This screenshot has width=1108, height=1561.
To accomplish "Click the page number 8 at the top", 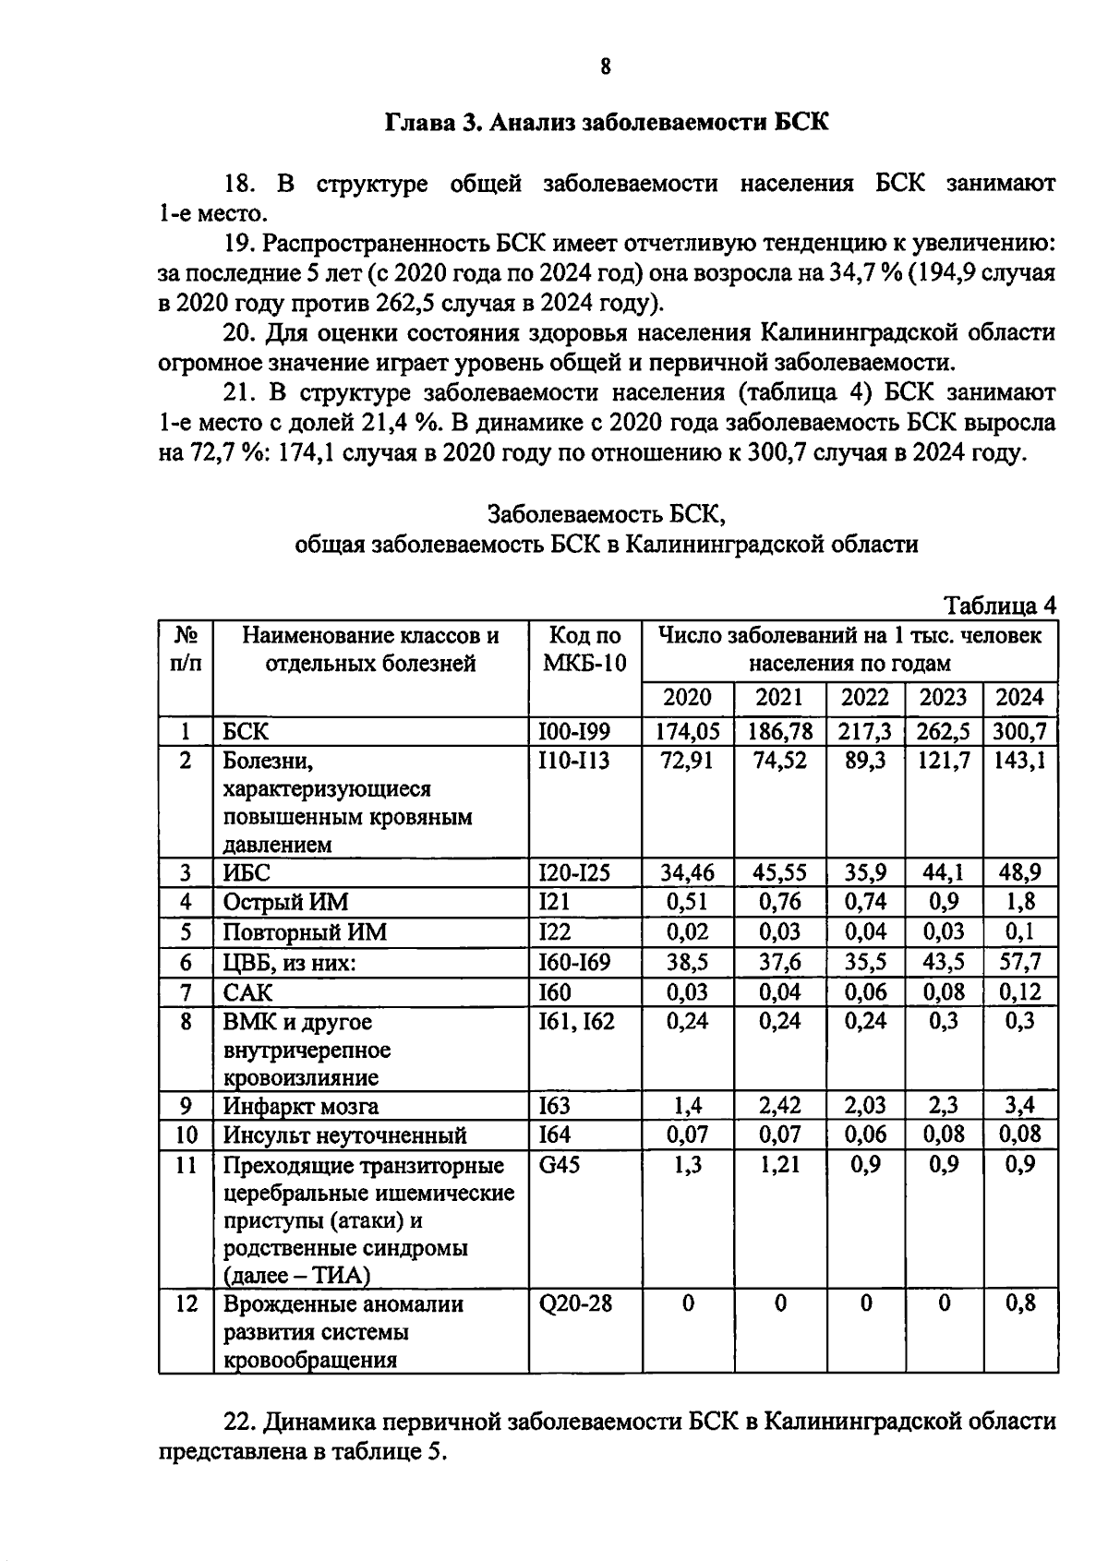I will pyautogui.click(x=605, y=66).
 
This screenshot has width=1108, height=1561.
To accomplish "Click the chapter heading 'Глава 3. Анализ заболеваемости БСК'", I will pyautogui.click(x=605, y=122).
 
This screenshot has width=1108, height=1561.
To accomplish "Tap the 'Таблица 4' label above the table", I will pyautogui.click(x=999, y=606).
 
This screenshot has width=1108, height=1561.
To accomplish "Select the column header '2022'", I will pyautogui.click(x=866, y=698).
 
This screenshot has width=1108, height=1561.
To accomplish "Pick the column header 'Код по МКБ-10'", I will pyautogui.click(x=584, y=650).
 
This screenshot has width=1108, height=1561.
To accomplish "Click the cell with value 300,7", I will pyautogui.click(x=1019, y=731).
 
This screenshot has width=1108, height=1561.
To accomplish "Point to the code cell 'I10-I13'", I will pyautogui.click(x=573, y=761).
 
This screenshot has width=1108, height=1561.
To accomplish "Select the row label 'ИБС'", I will pyautogui.click(x=247, y=873).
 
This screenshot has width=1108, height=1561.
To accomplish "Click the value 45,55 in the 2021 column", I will pyautogui.click(x=779, y=873).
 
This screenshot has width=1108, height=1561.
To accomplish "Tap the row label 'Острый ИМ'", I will pyautogui.click(x=286, y=903).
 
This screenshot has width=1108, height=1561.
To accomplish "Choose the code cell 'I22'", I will pyautogui.click(x=555, y=931).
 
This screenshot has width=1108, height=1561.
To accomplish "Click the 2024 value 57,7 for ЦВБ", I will pyautogui.click(x=1019, y=962).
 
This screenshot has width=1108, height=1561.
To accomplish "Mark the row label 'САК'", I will pyautogui.click(x=248, y=992).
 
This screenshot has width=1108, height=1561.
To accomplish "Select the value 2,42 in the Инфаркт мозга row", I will pyautogui.click(x=779, y=1106).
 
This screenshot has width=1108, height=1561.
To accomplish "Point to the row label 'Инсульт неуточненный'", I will pyautogui.click(x=344, y=1135).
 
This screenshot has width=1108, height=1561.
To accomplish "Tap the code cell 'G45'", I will pyautogui.click(x=560, y=1164).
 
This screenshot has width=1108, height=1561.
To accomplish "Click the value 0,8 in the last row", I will pyautogui.click(x=1019, y=1303).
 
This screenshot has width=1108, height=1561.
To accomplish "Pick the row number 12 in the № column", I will pyautogui.click(x=186, y=1304).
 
